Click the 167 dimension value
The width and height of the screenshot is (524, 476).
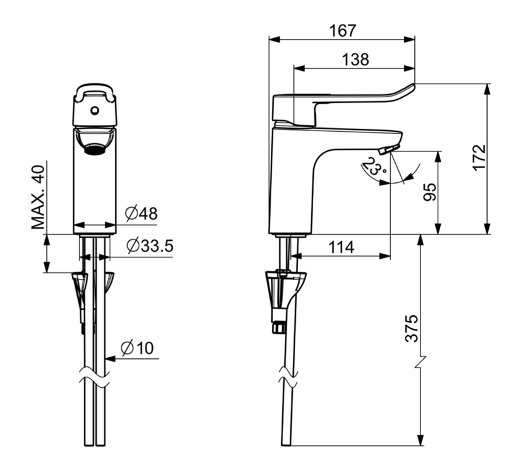point(343,31)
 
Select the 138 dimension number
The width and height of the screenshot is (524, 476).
point(356,60)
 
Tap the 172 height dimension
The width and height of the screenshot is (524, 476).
point(479,157)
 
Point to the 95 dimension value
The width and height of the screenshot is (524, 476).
point(430,192)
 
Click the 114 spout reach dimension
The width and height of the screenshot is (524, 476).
point(341,248)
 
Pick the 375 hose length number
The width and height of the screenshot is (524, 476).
point(412,328)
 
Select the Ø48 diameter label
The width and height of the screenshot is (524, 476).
point(141,214)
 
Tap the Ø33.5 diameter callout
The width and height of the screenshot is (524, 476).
point(150,246)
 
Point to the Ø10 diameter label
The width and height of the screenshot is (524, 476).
point(137,348)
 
